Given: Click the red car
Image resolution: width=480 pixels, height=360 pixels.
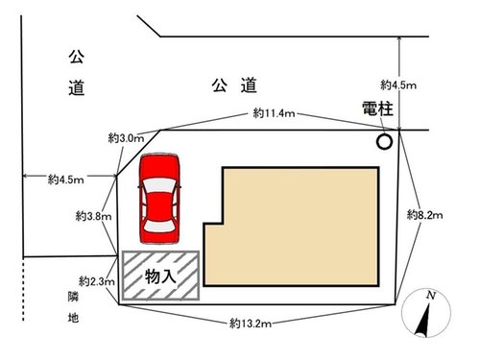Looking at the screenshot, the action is coord(159,199).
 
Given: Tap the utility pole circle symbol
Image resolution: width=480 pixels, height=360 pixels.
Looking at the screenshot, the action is coord(384,141).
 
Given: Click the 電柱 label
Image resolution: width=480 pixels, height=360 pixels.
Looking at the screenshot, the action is coord(377,108).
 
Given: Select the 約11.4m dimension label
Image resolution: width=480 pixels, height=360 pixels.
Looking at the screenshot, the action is coord(274,113).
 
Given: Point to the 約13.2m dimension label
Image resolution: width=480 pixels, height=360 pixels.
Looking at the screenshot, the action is coord(251,324).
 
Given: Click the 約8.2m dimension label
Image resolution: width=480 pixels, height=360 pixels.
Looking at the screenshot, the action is coord(424,215).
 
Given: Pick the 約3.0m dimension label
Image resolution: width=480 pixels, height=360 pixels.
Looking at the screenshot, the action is coord(126,138).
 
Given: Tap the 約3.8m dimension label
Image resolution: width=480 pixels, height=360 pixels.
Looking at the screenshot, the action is coord(93,216).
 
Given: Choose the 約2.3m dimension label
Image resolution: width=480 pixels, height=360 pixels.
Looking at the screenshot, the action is coord(97,281).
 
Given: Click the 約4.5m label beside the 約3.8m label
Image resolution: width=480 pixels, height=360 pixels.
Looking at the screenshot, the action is coord(66,180).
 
